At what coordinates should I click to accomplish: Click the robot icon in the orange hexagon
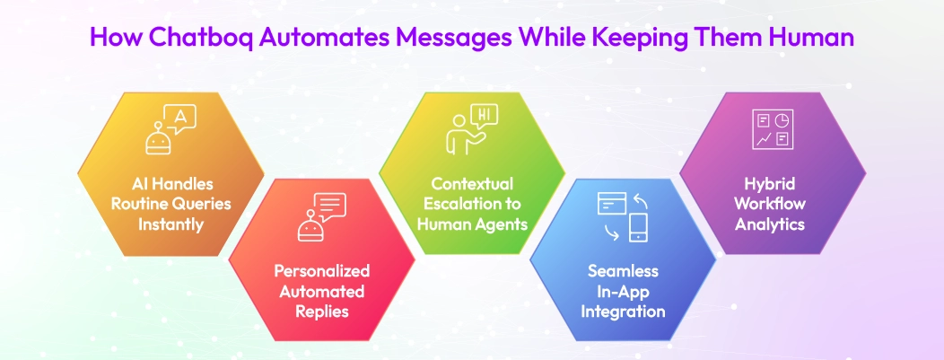(x=158, y=138)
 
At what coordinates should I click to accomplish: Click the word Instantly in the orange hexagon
(x=170, y=224)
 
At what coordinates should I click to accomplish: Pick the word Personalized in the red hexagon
(x=320, y=270)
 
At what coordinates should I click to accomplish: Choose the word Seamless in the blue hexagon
(x=623, y=270)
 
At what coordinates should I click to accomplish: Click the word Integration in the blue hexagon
(x=623, y=312)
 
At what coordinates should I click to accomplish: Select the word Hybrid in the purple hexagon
(x=772, y=183)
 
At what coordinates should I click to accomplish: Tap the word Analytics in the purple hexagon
(x=772, y=224)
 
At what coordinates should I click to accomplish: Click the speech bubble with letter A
(x=182, y=119)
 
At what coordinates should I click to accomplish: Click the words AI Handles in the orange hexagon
(x=170, y=183)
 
